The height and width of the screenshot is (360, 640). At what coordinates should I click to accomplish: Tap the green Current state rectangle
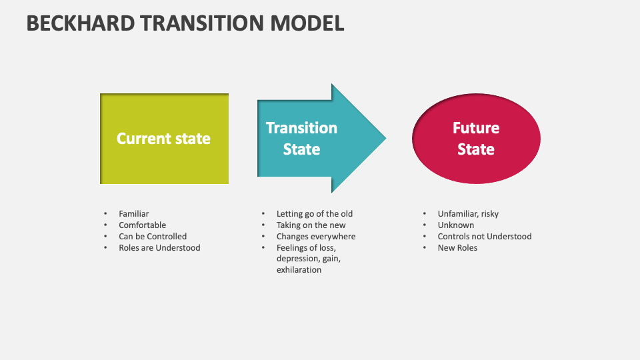pos(164,139)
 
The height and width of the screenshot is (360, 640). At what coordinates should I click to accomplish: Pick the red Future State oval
pos(476,139)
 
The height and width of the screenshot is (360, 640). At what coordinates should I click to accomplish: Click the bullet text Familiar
pos(133,214)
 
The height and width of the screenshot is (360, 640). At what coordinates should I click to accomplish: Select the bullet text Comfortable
pos(142,225)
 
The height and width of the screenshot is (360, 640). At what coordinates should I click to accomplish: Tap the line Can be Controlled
pos(153,237)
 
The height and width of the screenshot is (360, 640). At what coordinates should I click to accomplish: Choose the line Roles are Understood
pos(159,248)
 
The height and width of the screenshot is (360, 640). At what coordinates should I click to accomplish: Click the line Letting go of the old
pos(315,214)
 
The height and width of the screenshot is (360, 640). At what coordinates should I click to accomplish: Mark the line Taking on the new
pos(311,225)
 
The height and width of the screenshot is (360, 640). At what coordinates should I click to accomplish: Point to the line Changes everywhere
pos(316,237)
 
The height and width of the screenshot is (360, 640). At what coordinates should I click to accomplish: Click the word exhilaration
pos(299,270)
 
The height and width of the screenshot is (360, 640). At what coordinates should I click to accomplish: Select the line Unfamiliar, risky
pos(468,214)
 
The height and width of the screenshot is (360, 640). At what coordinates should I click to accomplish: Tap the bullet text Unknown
pos(456,225)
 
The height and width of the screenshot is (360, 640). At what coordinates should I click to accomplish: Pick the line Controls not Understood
pos(485,237)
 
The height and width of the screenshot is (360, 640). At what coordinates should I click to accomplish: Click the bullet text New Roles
pos(457,248)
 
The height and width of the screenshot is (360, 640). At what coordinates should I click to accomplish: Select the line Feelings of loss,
pos(307,248)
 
